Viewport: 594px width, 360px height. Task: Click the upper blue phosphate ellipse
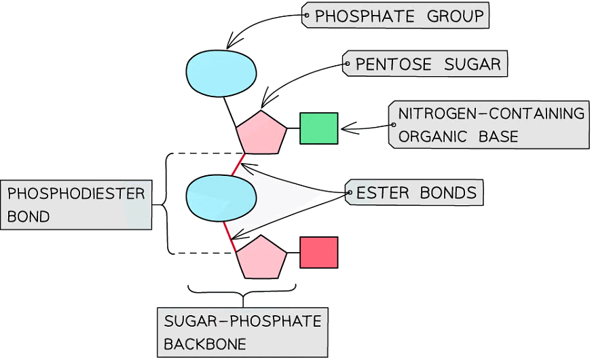click(x=221, y=73)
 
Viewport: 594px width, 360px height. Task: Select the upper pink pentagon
click(x=261, y=132)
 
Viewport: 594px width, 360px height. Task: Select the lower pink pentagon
click(x=261, y=257)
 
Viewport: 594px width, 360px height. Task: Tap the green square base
click(x=319, y=128)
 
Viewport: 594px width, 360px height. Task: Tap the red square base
click(x=319, y=252)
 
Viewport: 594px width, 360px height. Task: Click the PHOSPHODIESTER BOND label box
click(x=75, y=205)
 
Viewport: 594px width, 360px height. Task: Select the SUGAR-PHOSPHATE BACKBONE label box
click(x=242, y=331)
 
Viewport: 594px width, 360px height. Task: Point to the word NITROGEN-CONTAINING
click(x=491, y=113)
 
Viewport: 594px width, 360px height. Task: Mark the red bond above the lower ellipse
click(x=238, y=165)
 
